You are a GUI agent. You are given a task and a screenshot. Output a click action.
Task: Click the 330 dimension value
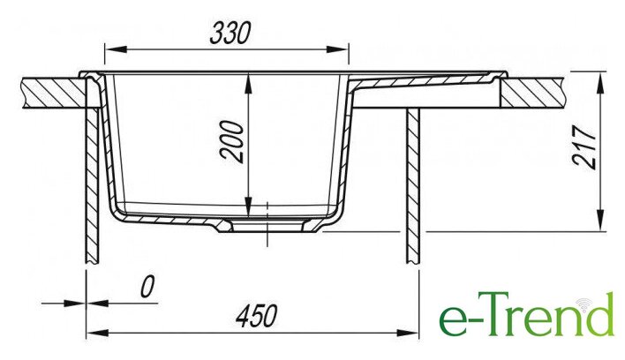(230, 33)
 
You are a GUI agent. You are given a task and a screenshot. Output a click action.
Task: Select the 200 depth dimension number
(232, 141)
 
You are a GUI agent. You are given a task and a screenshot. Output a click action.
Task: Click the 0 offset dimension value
(147, 287)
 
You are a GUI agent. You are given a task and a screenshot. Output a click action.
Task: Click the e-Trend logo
(526, 314)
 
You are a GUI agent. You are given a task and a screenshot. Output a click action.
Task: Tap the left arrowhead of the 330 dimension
(116, 49)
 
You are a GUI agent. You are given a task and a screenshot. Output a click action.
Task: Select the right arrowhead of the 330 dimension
(337, 49)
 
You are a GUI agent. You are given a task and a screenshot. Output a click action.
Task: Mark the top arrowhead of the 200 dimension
(248, 84)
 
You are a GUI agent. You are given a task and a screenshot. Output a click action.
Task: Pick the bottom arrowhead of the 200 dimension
(248, 206)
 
